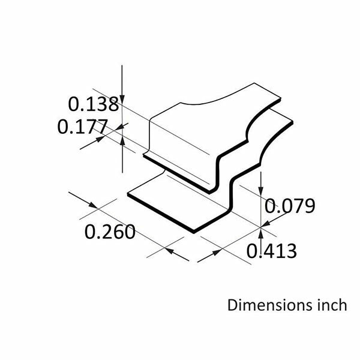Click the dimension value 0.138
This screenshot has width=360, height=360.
coord(94,104)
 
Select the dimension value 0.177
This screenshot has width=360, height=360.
coord(82,127)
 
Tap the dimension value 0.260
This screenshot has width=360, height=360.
coord(110,232)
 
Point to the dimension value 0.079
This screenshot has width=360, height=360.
coord(290,206)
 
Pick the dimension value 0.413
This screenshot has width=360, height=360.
coord(271,251)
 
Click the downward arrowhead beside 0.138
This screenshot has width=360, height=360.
coord(122,99)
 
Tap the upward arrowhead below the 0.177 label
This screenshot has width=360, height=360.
coord(122,140)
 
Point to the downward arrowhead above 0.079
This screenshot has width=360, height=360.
coord(261,191)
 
